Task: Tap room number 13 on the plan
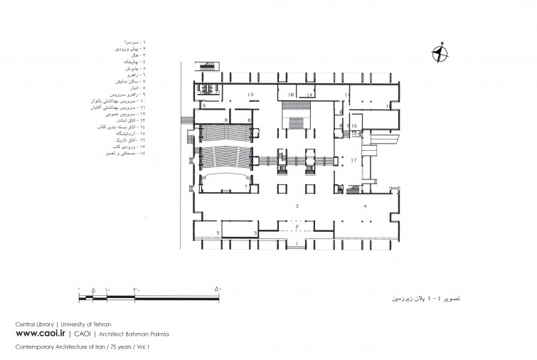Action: pos(250,95)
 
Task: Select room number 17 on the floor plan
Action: pos(353,161)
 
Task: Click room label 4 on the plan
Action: pos(365,205)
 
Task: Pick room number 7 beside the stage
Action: pos(246,186)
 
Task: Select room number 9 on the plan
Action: pos(203,105)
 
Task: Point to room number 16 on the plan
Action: pos(353,125)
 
